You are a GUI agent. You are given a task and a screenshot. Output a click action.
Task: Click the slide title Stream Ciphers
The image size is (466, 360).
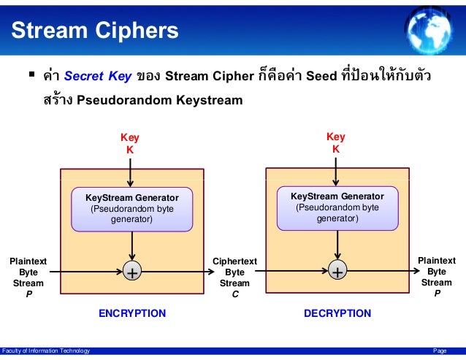tap(94, 31)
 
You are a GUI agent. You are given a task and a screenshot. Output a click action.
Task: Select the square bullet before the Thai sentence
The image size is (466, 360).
tap(31, 74)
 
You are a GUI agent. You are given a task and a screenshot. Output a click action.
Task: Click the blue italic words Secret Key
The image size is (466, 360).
tap(97, 77)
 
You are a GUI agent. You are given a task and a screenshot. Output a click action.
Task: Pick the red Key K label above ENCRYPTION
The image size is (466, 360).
tap(130, 143)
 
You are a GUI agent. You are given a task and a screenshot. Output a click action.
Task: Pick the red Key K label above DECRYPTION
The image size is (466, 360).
tap(336, 142)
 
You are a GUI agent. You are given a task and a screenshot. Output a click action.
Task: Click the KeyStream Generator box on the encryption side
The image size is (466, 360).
tap(131, 209)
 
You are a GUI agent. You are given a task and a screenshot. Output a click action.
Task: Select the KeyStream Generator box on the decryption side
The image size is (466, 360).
tap(337, 208)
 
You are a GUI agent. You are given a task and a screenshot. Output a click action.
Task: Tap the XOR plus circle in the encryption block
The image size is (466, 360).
tap(131, 272)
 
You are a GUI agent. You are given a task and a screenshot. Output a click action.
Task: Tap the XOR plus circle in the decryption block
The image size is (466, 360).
tap(337, 272)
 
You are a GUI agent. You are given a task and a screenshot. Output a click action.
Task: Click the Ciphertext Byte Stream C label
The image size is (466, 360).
tap(234, 277)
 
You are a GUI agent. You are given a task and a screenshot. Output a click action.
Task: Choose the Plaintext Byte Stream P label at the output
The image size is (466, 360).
tap(436, 277)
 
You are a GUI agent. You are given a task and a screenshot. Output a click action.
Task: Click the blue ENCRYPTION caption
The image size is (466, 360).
tap(132, 313)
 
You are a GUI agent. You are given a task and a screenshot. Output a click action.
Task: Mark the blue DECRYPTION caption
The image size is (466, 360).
tap(337, 313)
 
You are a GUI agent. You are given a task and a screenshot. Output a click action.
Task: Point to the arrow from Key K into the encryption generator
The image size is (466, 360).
tap(130, 172)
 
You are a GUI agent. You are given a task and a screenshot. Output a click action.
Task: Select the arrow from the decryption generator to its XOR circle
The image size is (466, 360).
tap(337, 245)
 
